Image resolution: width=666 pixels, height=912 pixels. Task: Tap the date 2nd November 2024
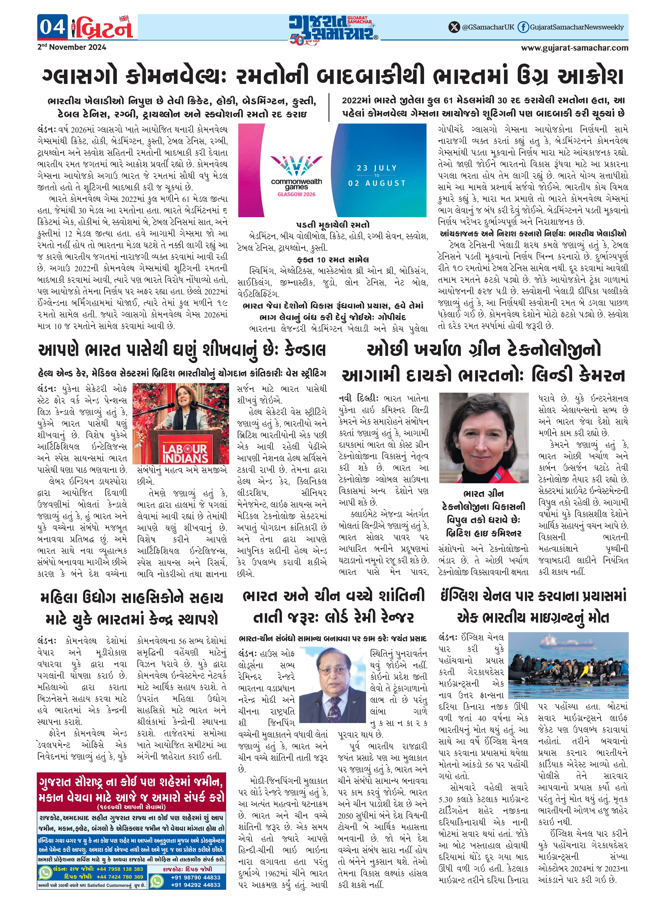(72, 47)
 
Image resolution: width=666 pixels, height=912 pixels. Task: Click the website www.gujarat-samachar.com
(575, 48)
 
